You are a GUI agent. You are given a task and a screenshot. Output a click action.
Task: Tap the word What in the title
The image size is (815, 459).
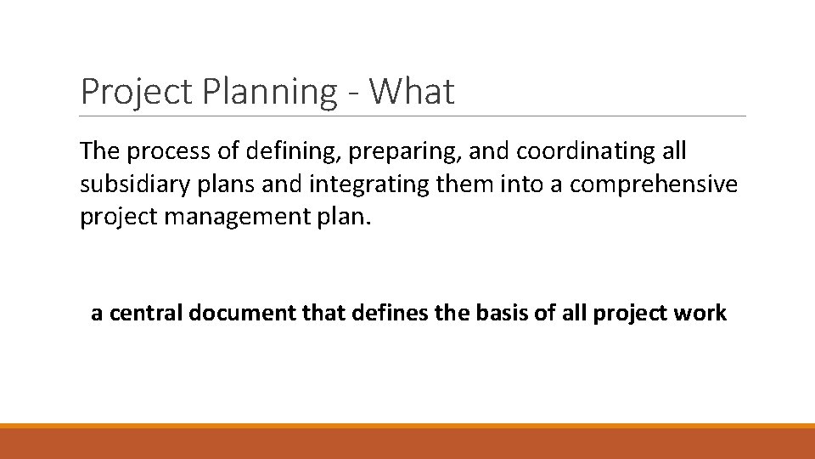tap(413, 92)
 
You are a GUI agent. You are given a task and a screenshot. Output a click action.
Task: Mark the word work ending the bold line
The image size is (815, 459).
tap(702, 314)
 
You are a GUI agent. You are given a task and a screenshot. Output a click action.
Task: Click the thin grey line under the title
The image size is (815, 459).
tap(413, 116)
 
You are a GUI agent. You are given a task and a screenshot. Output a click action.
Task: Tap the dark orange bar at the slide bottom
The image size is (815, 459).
tap(407, 444)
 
